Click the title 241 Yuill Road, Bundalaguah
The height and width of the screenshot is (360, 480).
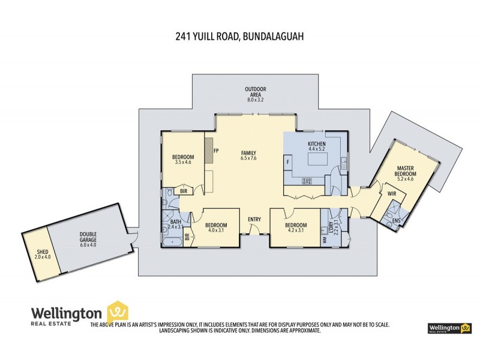(240, 37)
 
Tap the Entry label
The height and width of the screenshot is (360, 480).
(254, 219)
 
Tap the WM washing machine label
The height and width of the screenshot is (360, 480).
(326, 239)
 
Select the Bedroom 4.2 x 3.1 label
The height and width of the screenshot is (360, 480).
(296, 227)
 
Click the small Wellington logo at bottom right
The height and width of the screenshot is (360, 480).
(448, 328)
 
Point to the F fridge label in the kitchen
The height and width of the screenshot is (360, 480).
(289, 161)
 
